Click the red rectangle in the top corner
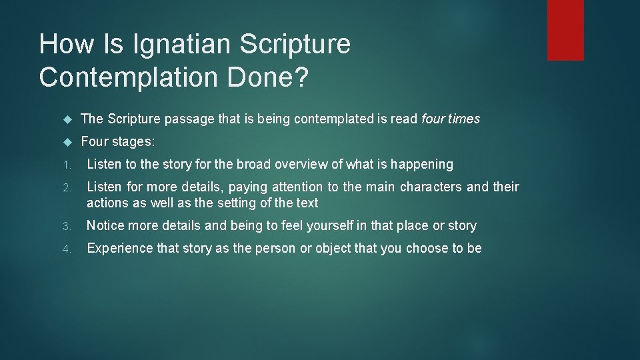(x=565, y=30)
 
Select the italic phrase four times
(x=451, y=119)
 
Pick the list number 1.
(x=65, y=165)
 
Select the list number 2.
(x=65, y=188)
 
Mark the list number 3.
(x=65, y=227)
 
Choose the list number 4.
(x=65, y=249)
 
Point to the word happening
(x=422, y=164)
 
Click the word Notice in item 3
(x=105, y=225)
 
